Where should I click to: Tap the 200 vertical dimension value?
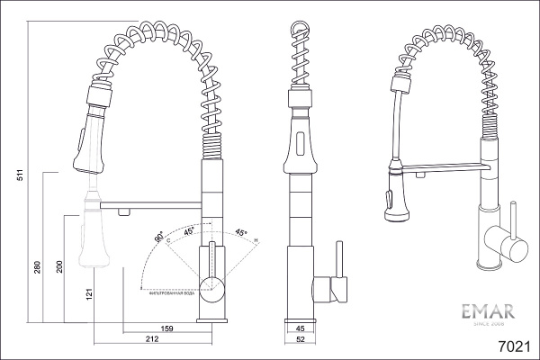pos(59,267)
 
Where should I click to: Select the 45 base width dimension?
pos(301,328)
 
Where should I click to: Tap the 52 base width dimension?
pos(301,339)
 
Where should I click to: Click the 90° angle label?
pos(159,238)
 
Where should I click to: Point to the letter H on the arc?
pos(256,240)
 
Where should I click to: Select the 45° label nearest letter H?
pos(240,231)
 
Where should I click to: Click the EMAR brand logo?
pos(487,313)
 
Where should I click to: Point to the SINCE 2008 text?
pos(487,328)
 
